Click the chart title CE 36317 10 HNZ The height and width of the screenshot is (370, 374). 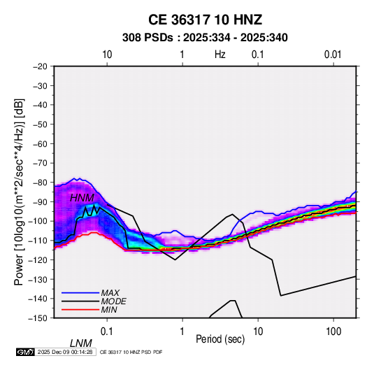[x=205, y=20]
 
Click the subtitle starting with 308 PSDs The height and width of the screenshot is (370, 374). [x=205, y=38]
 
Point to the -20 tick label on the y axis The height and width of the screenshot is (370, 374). [x=40, y=66]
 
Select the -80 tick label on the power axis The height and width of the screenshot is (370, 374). [x=40, y=183]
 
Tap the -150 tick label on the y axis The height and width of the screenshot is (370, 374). [x=38, y=318]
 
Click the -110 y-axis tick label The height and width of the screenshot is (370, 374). [x=38, y=241]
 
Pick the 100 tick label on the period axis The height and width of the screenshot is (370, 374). [x=333, y=332]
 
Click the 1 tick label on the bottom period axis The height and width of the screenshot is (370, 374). [x=182, y=332]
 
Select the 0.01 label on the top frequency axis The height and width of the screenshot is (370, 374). [x=333, y=55]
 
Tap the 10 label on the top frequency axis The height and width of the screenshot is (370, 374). [x=107, y=55]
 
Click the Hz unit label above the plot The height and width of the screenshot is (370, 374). [x=220, y=55]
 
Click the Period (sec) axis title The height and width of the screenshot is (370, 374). [x=220, y=339]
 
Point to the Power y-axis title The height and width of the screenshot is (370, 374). [x=19, y=192]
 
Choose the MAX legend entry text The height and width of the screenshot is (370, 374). [x=110, y=293]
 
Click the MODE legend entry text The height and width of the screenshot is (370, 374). [x=113, y=301]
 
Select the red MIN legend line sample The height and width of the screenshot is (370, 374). [x=80, y=310]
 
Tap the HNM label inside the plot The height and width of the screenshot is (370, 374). [x=82, y=198]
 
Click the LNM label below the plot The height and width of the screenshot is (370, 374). [x=80, y=343]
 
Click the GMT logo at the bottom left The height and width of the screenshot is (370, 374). [x=26, y=352]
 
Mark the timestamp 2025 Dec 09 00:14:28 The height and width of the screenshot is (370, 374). [x=65, y=352]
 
